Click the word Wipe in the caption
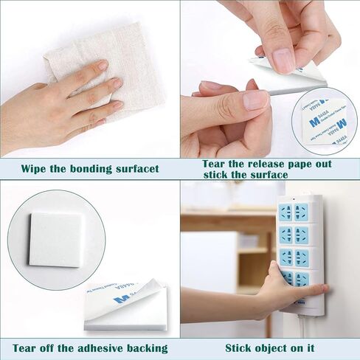35,169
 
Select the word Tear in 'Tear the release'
198,164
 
